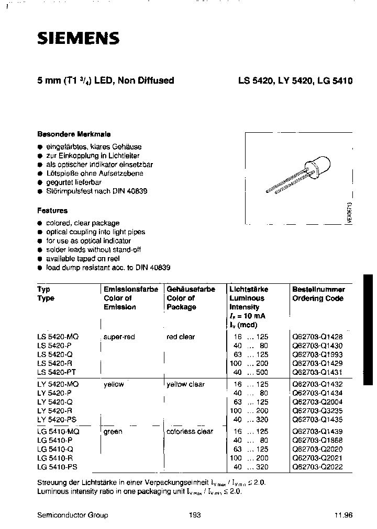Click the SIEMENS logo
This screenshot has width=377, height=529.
pyautogui.click(x=78, y=38)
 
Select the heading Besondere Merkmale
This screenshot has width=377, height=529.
pyautogui.click(x=74, y=134)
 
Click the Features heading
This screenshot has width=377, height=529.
pyautogui.click(x=52, y=211)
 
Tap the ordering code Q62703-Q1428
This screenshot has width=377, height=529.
pyautogui.click(x=317, y=337)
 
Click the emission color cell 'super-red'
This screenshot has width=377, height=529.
pyautogui.click(x=119, y=337)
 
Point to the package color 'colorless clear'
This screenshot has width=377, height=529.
pyautogui.click(x=190, y=432)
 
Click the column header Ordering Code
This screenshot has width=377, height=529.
pyautogui.click(x=317, y=298)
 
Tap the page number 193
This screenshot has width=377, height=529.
pyautogui.click(x=195, y=515)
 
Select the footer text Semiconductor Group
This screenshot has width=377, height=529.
pyautogui.click(x=73, y=515)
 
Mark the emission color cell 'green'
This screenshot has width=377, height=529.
pyautogui.click(x=113, y=432)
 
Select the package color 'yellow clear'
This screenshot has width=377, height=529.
pyautogui.click(x=185, y=384)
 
